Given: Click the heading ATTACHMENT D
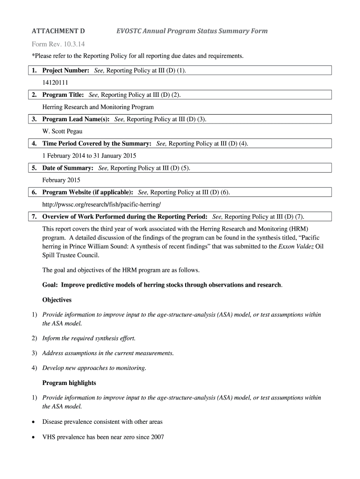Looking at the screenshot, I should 58,31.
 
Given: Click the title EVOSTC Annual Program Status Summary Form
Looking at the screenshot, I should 192,31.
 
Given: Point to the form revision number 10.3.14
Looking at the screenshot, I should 73,45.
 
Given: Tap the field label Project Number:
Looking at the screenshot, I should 66,70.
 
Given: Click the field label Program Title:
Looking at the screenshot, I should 63,95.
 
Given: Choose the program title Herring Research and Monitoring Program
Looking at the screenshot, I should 98,107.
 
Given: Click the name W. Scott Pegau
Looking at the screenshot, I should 62,131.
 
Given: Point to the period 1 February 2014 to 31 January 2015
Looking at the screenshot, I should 89,156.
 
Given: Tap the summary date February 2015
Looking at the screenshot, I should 61,180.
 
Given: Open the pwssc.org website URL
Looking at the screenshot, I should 101,204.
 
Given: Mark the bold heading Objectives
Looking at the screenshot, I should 57,300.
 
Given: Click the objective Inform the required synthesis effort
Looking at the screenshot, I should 89,338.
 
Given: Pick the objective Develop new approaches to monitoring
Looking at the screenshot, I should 94,368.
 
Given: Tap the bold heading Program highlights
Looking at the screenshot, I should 69,383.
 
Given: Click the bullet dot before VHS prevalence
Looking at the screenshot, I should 33,437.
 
